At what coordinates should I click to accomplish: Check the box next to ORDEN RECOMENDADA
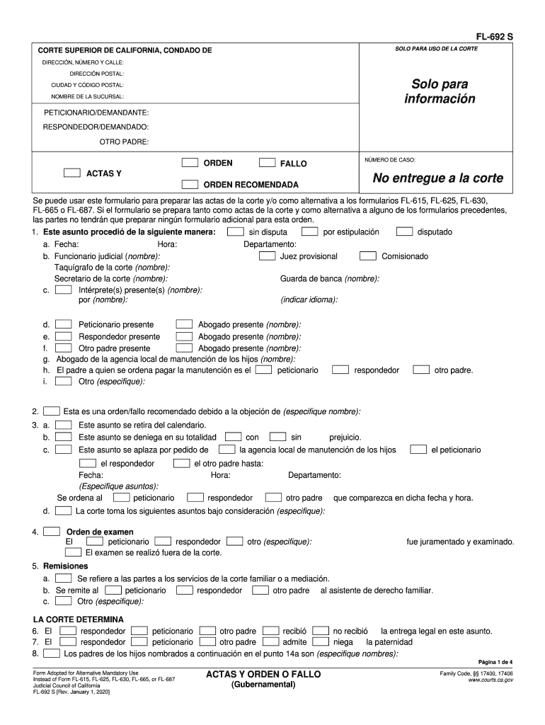point(189,184)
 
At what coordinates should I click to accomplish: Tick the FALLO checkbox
point(267,163)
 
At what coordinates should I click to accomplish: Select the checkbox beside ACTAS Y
point(71,173)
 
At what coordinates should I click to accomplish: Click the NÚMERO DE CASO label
point(390,160)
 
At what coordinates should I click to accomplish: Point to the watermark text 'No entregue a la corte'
point(438,178)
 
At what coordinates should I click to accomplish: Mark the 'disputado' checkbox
point(404,232)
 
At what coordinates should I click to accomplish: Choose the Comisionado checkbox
point(367,256)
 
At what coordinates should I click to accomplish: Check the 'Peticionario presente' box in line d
point(64,324)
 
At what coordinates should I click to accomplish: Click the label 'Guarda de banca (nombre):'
point(329,279)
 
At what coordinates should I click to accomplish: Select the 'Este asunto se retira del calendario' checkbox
point(64,425)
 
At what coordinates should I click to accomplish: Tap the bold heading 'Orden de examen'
point(99,532)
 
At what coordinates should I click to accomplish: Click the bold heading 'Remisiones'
point(65,566)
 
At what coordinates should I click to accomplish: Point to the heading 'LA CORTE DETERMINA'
point(84,620)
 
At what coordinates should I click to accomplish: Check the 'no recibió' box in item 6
point(321,631)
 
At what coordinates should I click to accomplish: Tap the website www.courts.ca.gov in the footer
point(490,680)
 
